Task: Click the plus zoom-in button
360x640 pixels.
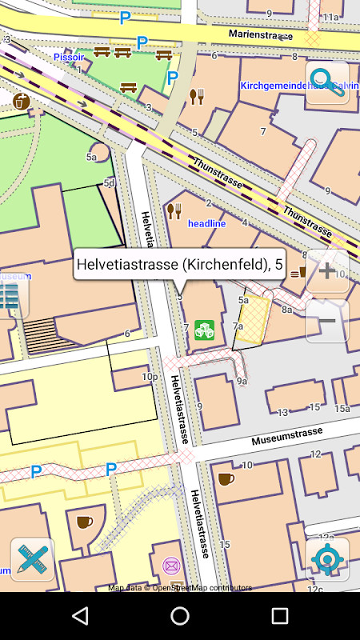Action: click(x=327, y=271)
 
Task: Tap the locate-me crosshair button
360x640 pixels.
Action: click(x=327, y=558)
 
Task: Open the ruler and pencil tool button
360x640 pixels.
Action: click(x=32, y=558)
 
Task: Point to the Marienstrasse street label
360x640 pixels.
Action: click(x=260, y=34)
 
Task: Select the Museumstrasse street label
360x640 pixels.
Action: click(x=287, y=436)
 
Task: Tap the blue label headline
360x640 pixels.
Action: click(x=206, y=223)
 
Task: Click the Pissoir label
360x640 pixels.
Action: click(x=69, y=57)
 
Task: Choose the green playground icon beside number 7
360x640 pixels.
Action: click(x=205, y=330)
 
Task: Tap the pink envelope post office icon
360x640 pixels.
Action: click(x=170, y=566)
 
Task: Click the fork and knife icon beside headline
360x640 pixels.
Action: click(x=174, y=211)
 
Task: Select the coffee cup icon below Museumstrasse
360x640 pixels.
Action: click(x=226, y=478)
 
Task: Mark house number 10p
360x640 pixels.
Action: click(x=149, y=376)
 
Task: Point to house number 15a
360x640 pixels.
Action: click(x=342, y=408)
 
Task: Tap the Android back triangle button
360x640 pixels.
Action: click(x=80, y=615)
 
